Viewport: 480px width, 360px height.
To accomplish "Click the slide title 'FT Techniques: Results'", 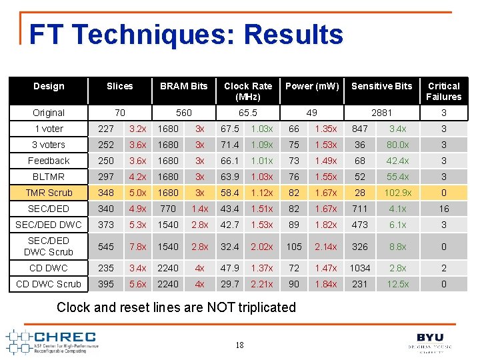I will (186, 35).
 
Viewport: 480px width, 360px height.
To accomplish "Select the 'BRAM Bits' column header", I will (183, 86).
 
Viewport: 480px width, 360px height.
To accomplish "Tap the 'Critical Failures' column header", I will (443, 91).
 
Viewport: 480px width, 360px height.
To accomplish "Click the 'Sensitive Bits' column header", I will (381, 86).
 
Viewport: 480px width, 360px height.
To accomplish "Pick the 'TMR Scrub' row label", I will (49, 193).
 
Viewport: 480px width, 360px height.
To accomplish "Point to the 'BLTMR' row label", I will (49, 177).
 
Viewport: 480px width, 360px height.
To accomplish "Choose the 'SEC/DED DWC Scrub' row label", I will (49, 246).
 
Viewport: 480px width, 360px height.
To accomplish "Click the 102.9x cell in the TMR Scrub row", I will (398, 193).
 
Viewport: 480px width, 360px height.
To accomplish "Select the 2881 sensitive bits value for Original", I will (381, 113).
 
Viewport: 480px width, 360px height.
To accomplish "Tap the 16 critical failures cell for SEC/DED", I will (443, 209).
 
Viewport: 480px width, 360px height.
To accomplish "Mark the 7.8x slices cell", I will (138, 247).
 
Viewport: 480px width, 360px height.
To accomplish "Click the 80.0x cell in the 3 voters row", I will (398, 145).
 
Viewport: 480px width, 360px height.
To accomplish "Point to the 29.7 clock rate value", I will (229, 284).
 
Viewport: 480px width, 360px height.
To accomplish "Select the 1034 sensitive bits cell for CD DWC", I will (360, 268).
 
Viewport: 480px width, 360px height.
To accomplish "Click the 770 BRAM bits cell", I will (168, 209).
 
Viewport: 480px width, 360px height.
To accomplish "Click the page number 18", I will (240, 345).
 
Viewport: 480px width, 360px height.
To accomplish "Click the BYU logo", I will (430, 341).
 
